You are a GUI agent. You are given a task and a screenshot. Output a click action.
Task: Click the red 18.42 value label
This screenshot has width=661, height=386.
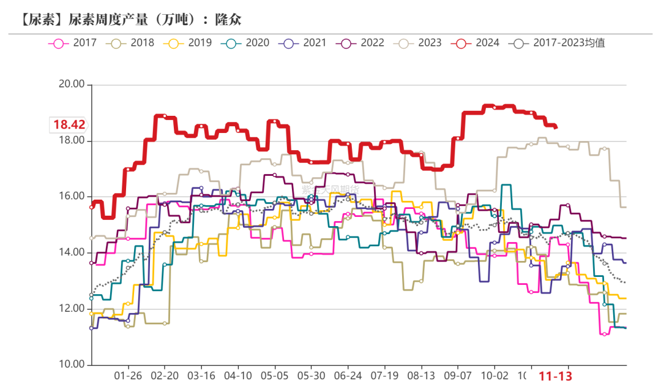[x=69, y=125]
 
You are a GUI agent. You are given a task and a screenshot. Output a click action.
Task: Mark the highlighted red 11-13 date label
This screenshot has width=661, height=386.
[x=555, y=376]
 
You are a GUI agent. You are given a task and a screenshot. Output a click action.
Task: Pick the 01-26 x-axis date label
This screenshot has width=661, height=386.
[x=128, y=375]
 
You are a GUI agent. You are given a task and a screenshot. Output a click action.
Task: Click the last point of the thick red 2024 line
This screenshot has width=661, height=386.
[x=555, y=127]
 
